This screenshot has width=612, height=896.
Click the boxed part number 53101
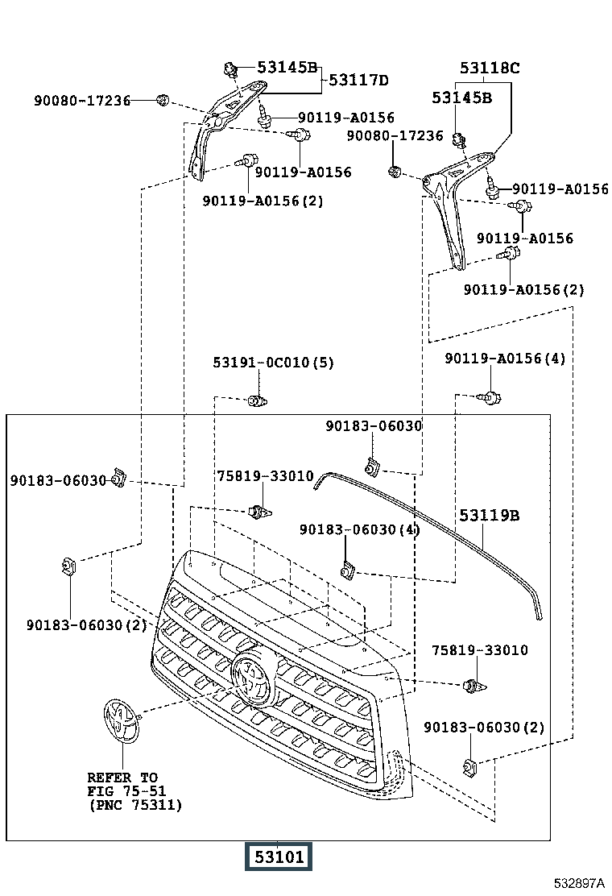pyautogui.click(x=279, y=857)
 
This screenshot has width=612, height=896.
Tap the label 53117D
pyautogui.click(x=358, y=80)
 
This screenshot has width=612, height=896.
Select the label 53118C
pyautogui.click(x=490, y=68)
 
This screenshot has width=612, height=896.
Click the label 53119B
pyautogui.click(x=490, y=516)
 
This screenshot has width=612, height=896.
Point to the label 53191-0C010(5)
pyautogui.click(x=274, y=363)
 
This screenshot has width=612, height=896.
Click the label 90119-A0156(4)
pyautogui.click(x=505, y=359)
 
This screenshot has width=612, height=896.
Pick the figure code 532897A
pyautogui.click(x=579, y=883)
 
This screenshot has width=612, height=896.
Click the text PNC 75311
pyautogui.click(x=135, y=805)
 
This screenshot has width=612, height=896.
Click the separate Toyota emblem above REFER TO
pyautogui.click(x=122, y=720)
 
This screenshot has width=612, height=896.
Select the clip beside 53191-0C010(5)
pyautogui.click(x=258, y=400)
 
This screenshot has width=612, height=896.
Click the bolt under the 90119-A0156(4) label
pyautogui.click(x=491, y=397)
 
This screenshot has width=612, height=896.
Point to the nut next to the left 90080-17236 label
pyautogui.click(x=163, y=101)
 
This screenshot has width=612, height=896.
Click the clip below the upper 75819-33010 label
pyautogui.click(x=260, y=512)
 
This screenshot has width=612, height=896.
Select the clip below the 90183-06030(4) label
pyautogui.click(x=348, y=570)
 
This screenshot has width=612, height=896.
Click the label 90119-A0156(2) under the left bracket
pyautogui.click(x=263, y=201)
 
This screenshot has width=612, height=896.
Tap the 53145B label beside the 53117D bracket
pyautogui.click(x=287, y=68)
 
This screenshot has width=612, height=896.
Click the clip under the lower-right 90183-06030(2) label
pyautogui.click(x=469, y=765)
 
